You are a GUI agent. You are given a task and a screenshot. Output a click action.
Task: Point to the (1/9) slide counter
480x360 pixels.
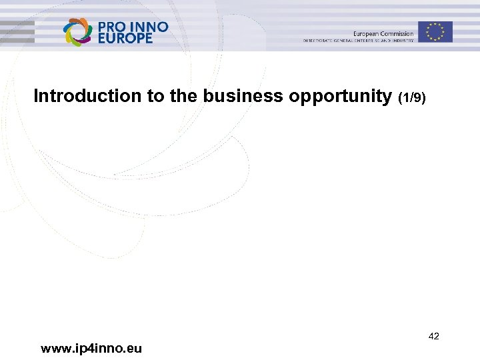pos(411,98)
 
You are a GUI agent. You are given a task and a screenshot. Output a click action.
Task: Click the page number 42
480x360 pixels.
pos(433,336)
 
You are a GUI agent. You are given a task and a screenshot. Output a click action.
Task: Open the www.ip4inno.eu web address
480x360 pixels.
pos(91,348)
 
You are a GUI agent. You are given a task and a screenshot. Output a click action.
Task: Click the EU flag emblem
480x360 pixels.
pos(435,32)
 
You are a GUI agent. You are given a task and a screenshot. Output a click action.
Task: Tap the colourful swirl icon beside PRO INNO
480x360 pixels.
pos(77,32)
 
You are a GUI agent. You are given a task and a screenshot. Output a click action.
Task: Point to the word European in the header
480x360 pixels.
pos(366,34)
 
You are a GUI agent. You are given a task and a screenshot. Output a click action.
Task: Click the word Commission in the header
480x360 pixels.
pos(397,34)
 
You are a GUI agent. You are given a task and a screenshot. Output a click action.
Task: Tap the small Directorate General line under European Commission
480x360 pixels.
pos(358,41)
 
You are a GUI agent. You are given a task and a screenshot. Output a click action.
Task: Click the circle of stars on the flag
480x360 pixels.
pos(435,32)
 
